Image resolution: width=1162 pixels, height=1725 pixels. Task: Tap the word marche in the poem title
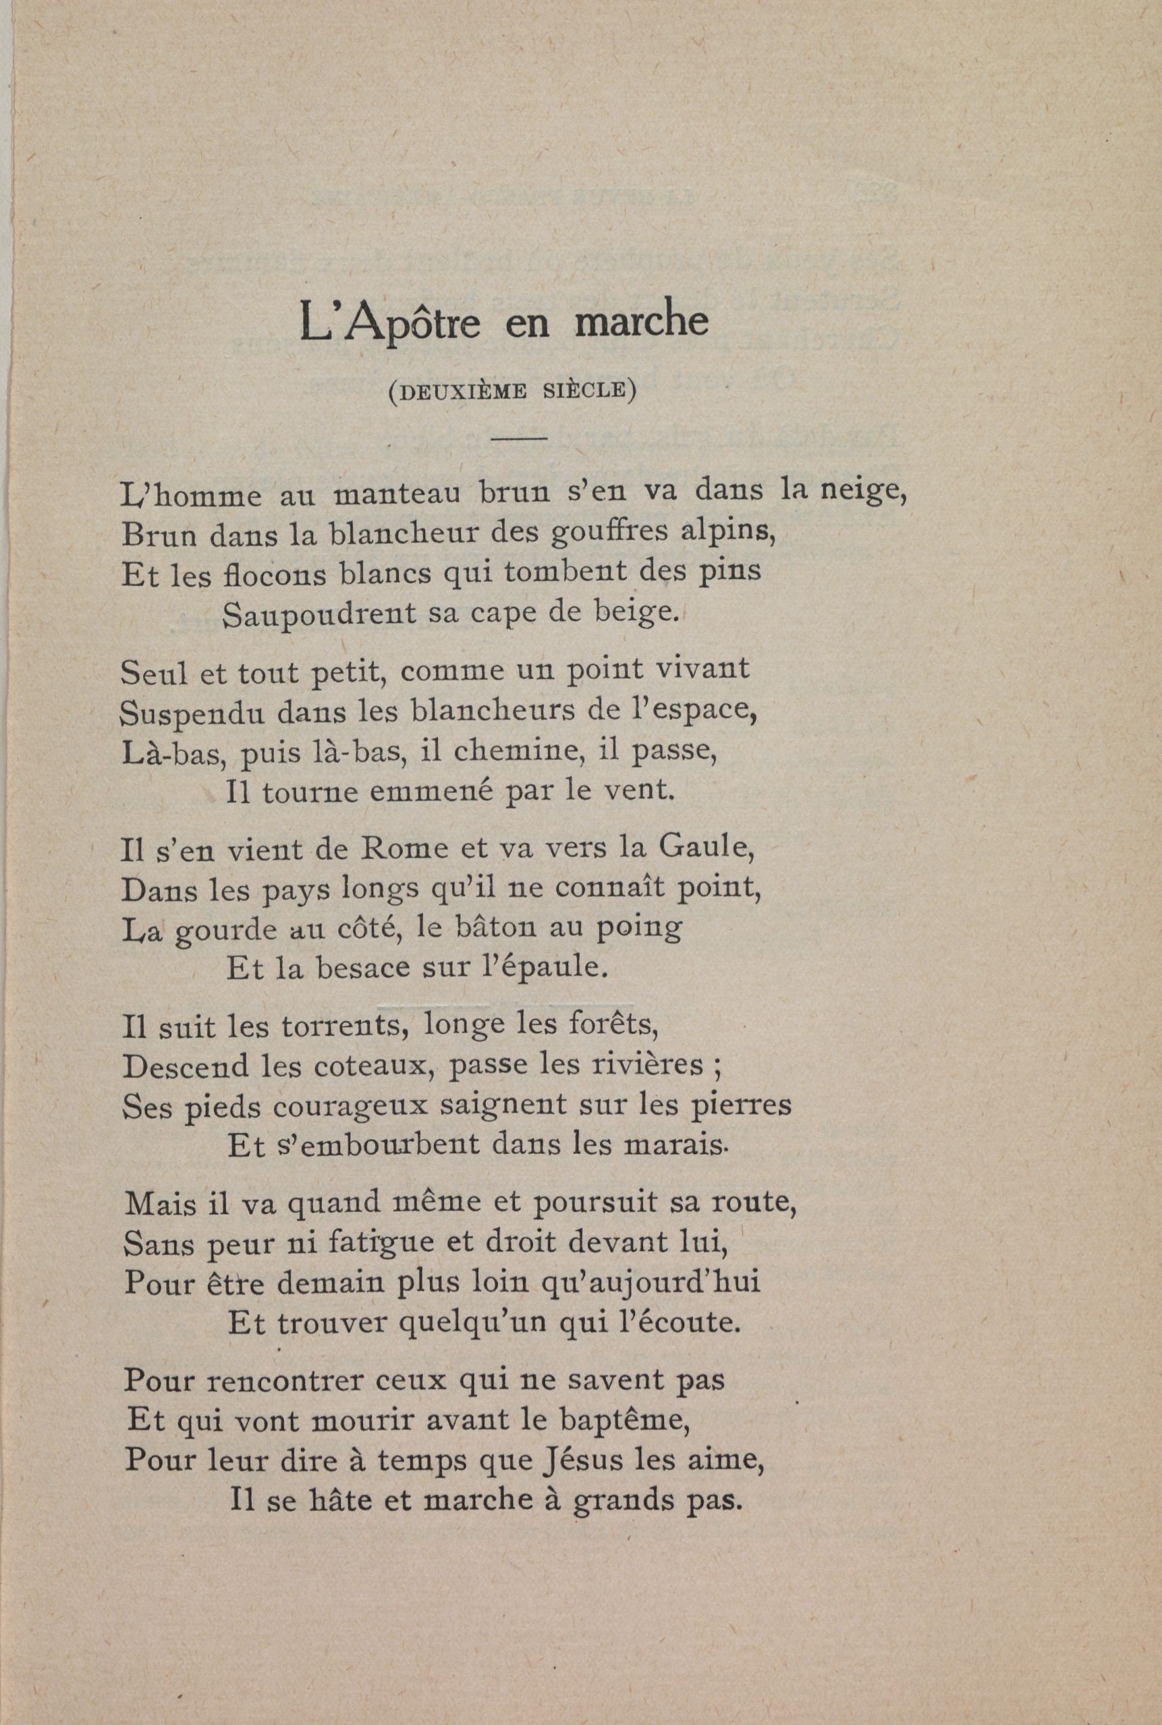coord(642,320)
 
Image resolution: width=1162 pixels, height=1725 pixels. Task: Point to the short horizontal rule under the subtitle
coord(519,439)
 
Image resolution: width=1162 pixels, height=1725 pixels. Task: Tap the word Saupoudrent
coord(319,614)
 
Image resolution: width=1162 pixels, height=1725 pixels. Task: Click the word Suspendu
coord(193,713)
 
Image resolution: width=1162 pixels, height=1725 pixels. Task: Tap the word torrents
coord(346,1026)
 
